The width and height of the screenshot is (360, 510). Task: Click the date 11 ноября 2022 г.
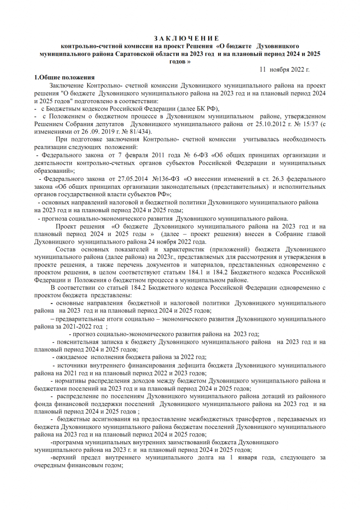tap(286, 69)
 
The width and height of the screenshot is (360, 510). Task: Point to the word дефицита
tap(193, 366)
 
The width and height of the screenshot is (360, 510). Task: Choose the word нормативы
tap(75, 381)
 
